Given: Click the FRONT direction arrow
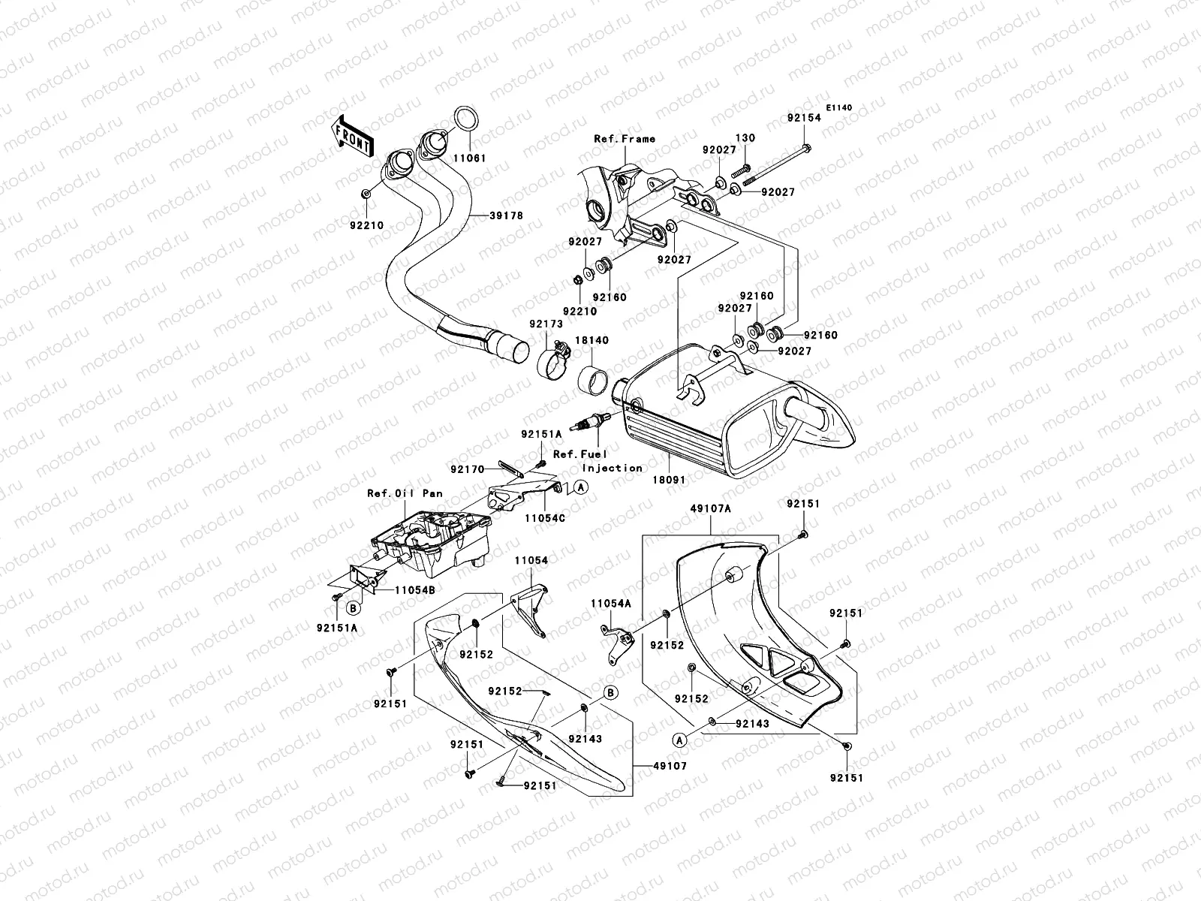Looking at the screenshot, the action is pos(352,137).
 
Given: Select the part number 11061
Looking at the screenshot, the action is pos(469,158).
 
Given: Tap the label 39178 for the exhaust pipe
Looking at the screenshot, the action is pos(506,215).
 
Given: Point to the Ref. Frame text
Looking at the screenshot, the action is pos(625,139).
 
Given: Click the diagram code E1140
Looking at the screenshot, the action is pos(838,108).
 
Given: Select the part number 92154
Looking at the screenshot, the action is pos(804,118).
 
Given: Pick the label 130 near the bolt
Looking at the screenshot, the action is pos(745,138).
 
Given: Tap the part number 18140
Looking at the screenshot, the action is pos(591,340).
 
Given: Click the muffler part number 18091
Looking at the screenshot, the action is pos(669,480).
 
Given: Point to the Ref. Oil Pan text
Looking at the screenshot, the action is pos(405,493).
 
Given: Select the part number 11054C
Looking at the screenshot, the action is pos(545,518).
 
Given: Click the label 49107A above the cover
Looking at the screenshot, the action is pos(710,509).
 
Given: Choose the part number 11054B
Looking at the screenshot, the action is pos(415,590).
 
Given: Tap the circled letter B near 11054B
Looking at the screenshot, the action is pos(354,608).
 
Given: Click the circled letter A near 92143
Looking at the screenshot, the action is pos(679,741).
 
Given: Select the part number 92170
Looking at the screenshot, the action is pos(468,469).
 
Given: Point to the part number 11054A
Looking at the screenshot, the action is pos(610,604).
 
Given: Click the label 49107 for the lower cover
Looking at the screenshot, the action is pos(670,767).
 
